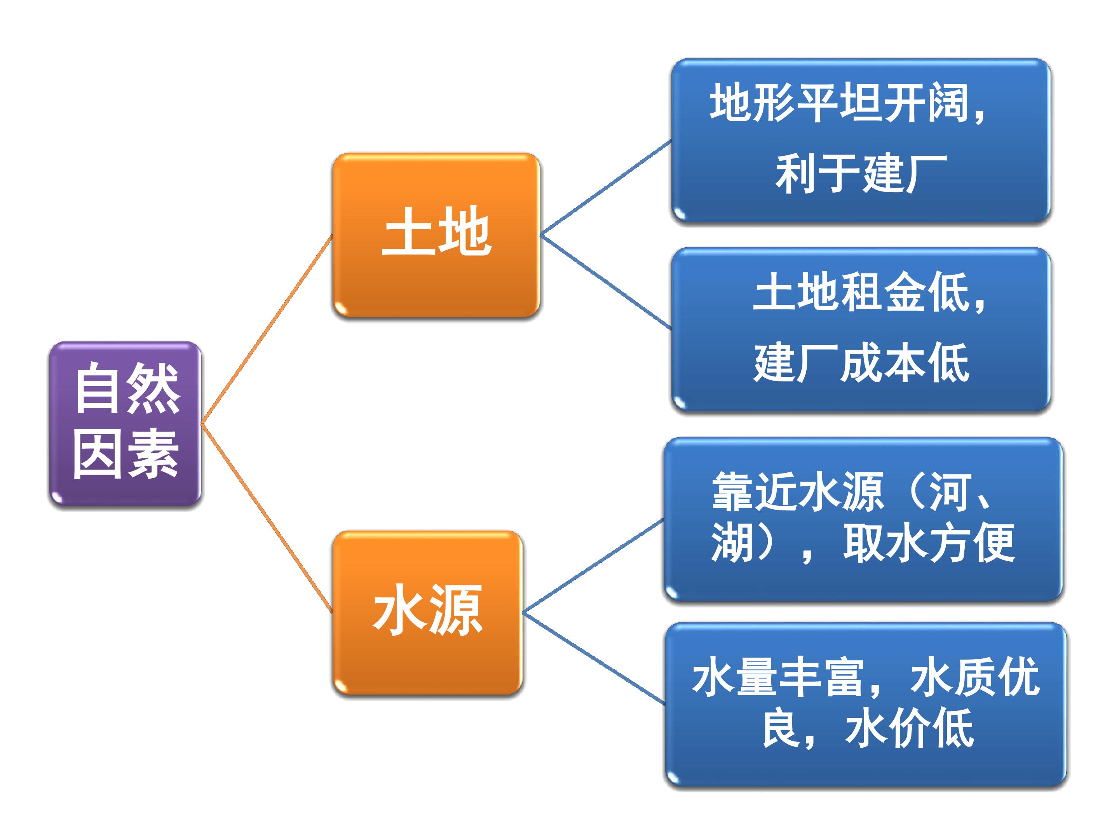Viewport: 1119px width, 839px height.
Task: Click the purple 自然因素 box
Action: (x=125, y=424)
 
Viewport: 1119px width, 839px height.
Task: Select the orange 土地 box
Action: (x=436, y=235)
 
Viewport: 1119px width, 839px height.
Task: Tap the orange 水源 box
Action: (x=427, y=613)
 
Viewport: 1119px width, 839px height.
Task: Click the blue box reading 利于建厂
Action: (x=861, y=141)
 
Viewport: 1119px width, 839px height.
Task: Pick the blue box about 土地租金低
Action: (x=861, y=329)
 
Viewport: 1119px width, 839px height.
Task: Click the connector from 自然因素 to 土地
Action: (x=267, y=329)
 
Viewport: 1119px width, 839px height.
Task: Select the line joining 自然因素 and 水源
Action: (x=267, y=519)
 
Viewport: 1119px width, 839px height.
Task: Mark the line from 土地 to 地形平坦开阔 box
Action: (x=606, y=188)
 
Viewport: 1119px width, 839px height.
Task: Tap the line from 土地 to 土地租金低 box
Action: (x=606, y=282)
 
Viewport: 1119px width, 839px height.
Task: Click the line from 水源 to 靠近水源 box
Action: (x=593, y=566)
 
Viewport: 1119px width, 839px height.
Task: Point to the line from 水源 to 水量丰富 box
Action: (x=593, y=658)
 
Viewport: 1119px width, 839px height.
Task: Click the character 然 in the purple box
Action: (x=153, y=388)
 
